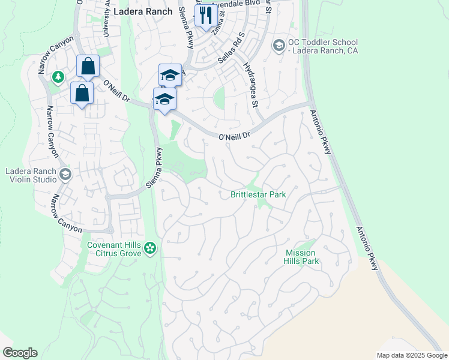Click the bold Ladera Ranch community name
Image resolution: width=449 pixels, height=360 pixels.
point(143,11)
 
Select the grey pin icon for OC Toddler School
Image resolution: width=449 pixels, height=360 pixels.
point(279,46)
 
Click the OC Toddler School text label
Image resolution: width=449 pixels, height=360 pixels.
point(322,46)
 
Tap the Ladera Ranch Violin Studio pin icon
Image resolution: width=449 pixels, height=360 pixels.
point(65,175)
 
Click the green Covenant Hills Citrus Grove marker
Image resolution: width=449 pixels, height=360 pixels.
point(150,247)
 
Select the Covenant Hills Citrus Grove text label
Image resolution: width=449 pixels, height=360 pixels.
point(114,249)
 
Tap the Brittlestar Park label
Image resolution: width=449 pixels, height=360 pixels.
point(258,195)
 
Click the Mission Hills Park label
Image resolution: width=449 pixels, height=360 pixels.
point(301,257)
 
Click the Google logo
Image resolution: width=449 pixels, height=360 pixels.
point(20,353)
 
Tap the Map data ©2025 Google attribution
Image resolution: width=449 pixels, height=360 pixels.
point(411,355)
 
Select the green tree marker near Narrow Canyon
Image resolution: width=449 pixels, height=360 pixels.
point(58,77)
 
